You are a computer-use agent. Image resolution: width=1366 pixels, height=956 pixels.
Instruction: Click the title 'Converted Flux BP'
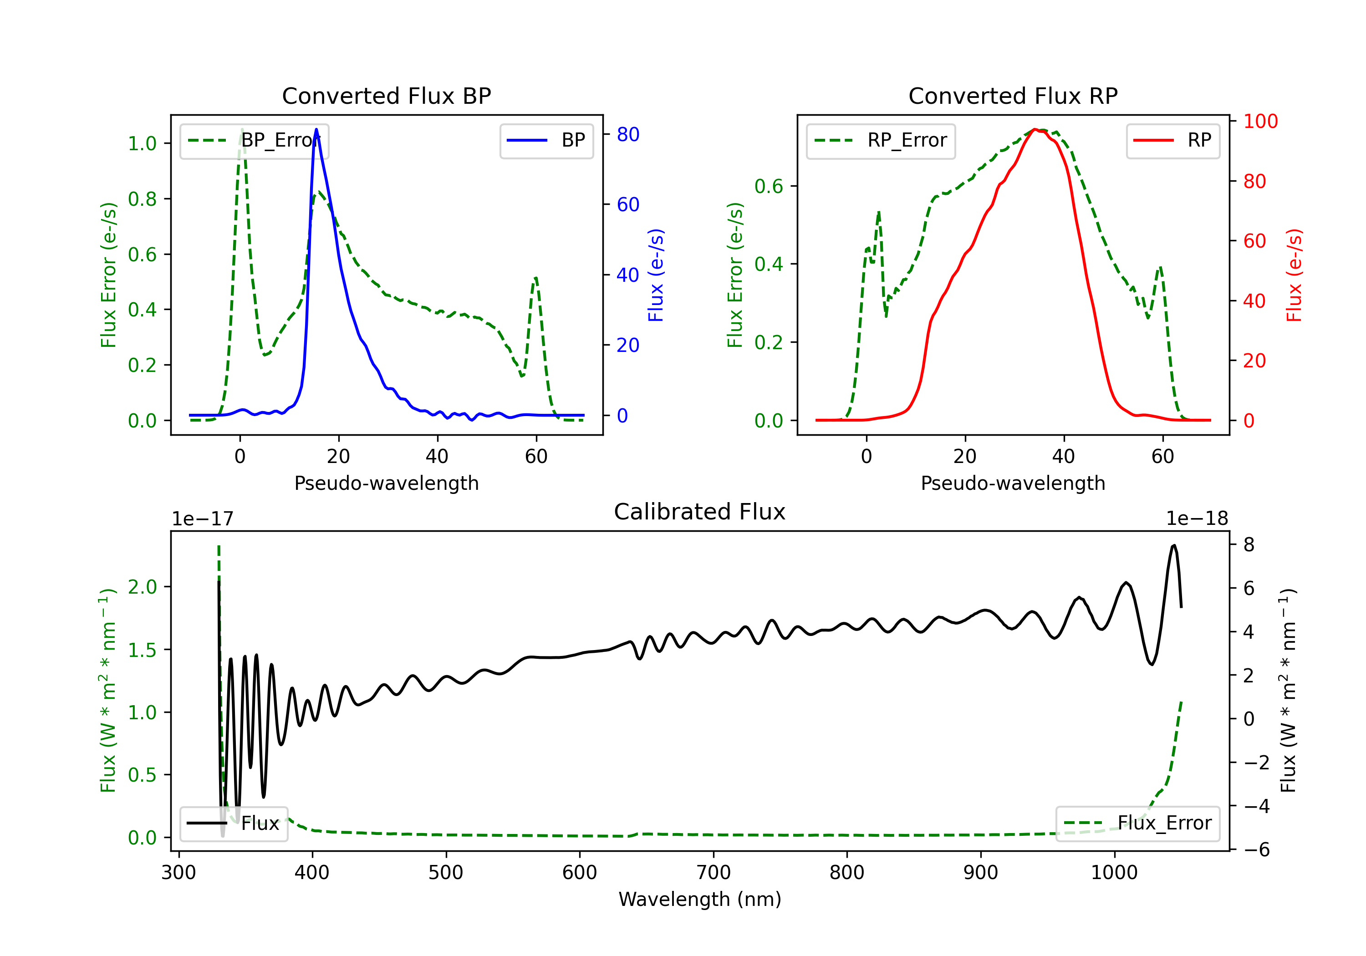[x=387, y=96]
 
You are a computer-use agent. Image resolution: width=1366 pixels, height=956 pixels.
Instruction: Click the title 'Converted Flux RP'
[x=1013, y=96]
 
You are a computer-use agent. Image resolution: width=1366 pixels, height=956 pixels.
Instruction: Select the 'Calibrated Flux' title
[x=700, y=512]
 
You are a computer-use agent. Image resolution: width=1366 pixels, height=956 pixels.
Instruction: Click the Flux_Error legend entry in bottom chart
[x=1137, y=824]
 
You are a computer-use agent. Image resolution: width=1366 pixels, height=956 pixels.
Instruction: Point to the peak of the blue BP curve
[x=316, y=129]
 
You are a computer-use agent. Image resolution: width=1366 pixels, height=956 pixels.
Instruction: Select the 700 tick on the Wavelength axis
[x=714, y=873]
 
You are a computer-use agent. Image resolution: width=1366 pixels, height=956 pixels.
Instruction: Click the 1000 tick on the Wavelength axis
[x=1114, y=873]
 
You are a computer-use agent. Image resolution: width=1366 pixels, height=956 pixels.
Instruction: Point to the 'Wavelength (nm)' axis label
[x=700, y=900]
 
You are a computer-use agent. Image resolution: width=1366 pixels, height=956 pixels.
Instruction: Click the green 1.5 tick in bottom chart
[x=142, y=650]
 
